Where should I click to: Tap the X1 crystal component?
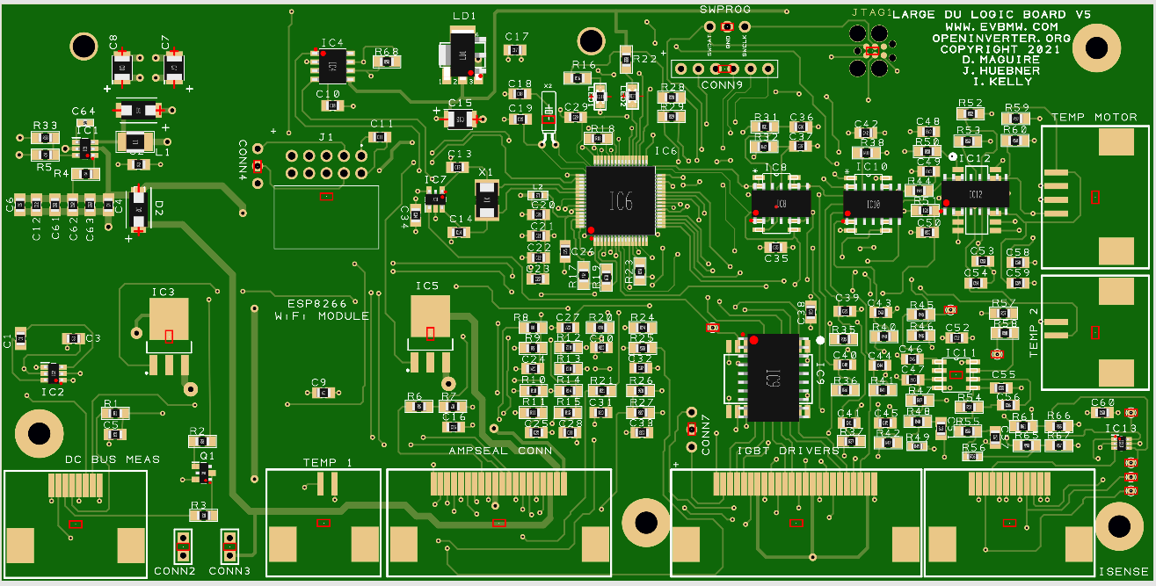486,200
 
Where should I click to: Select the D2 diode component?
140,210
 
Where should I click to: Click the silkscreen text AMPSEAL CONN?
500,451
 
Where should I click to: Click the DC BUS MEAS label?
113,459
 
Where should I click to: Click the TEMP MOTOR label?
1094,117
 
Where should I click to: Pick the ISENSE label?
1123,572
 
